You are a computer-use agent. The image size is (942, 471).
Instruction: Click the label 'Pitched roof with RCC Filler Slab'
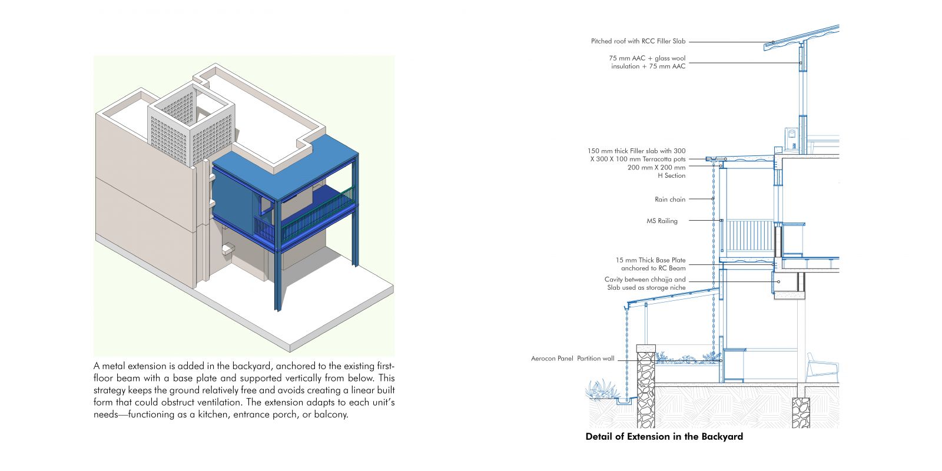point(638,41)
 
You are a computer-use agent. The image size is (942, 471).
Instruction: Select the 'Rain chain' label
point(670,200)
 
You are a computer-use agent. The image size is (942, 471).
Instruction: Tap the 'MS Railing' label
point(662,221)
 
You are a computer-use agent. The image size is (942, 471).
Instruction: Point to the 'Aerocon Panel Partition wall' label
point(572,359)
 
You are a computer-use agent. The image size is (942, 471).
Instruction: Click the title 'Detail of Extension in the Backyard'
point(664,436)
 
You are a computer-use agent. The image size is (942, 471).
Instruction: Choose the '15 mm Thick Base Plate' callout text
point(651,260)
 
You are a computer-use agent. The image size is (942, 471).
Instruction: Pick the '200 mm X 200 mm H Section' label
point(656,171)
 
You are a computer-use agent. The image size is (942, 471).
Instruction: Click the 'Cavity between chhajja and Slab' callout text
point(645,283)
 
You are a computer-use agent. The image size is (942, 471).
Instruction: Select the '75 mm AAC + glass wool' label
point(647,58)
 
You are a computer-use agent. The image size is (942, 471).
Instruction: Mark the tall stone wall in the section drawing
point(645,386)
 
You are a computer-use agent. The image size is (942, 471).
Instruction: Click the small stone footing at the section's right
point(801,413)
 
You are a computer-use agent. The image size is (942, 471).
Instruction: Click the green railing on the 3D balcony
point(317,213)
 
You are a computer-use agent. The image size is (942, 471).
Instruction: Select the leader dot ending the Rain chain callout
point(713,199)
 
